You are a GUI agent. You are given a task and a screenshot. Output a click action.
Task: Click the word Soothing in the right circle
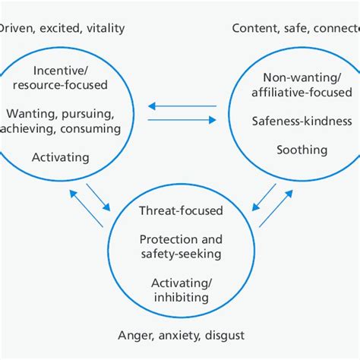coord(302,150)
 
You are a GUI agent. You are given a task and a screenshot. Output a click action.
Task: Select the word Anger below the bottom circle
coord(135,335)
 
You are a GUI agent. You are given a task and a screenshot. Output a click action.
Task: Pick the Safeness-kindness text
coord(302,120)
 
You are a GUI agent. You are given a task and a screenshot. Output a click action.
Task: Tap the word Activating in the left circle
coord(61,157)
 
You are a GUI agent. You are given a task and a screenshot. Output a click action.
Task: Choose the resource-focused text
coord(61,85)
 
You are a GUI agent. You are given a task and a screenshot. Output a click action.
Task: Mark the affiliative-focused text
coord(302,91)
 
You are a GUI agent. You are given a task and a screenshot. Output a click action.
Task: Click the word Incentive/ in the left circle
coord(61,71)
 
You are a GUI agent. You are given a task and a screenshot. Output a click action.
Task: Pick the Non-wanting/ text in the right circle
coord(302,77)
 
